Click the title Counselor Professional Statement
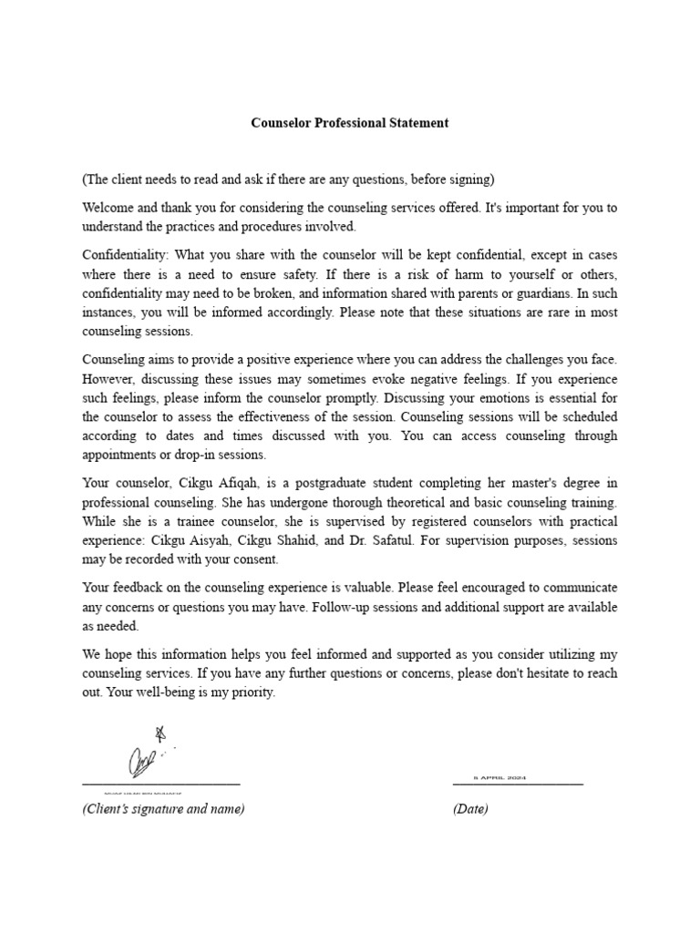coord(350,123)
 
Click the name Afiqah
coord(242,483)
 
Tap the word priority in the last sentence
coord(252,692)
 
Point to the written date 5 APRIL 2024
coord(499,778)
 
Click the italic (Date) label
coord(470,809)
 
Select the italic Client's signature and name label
coord(163,809)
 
